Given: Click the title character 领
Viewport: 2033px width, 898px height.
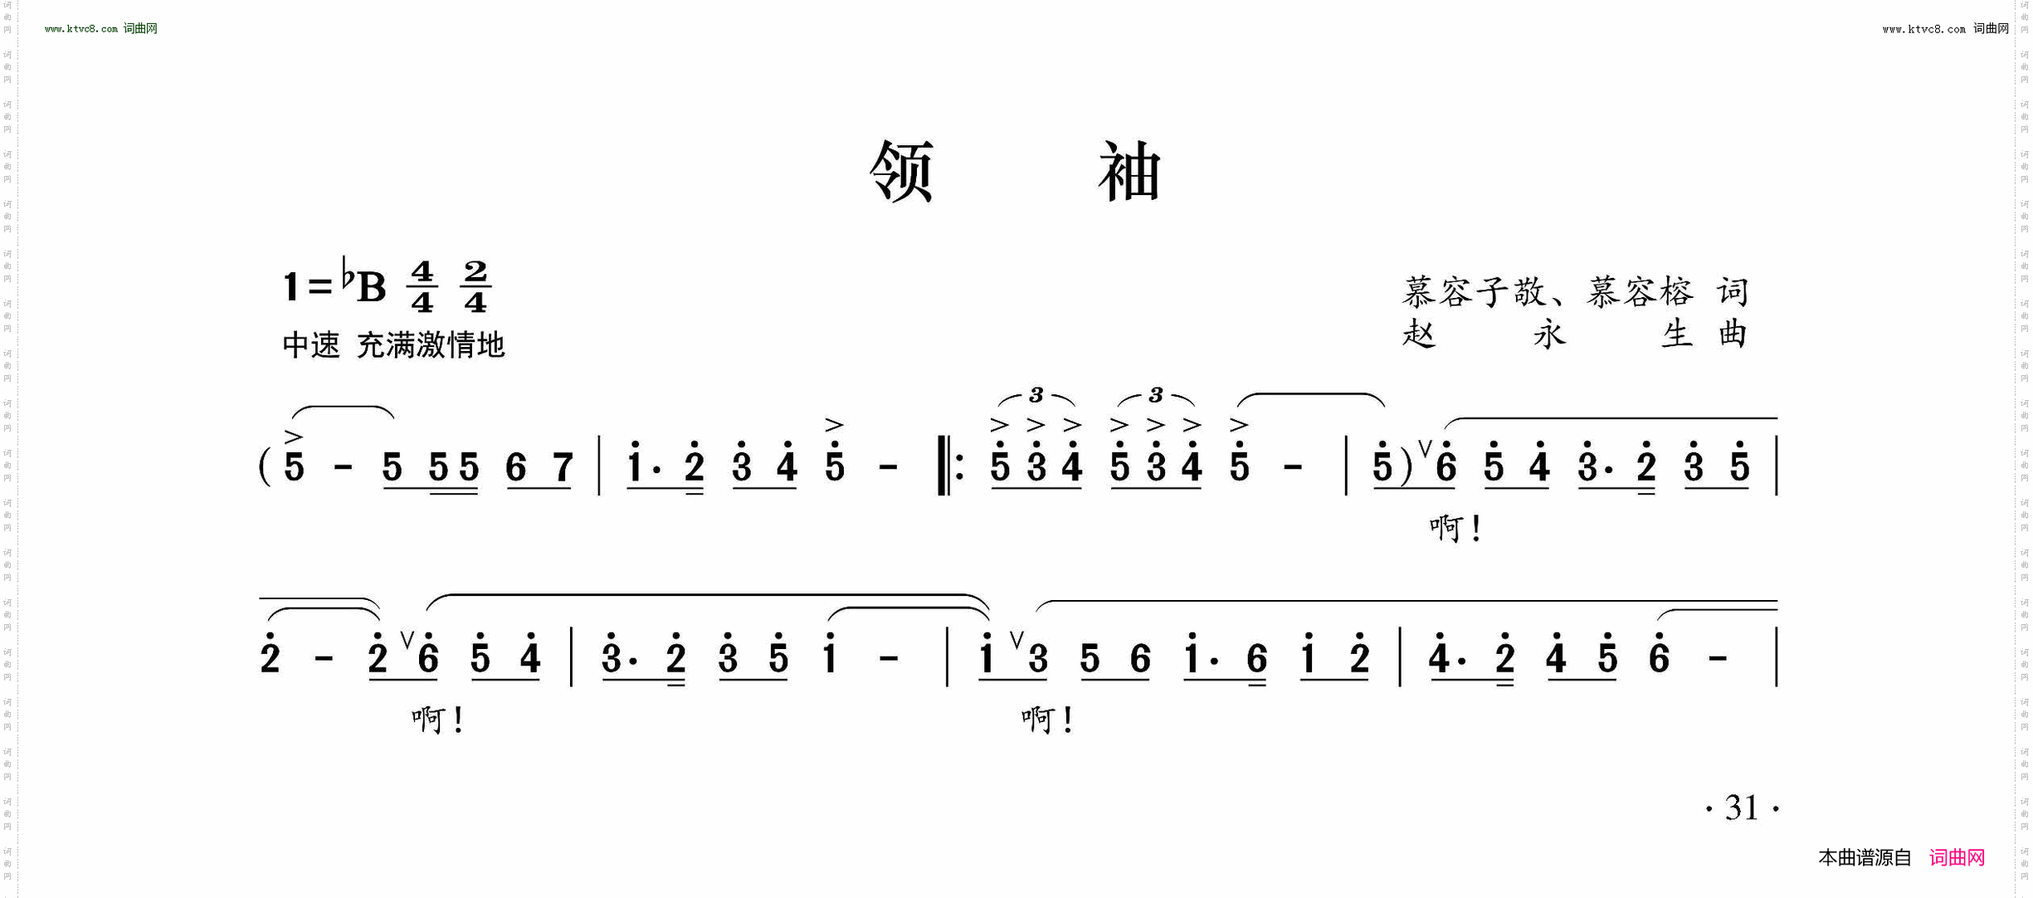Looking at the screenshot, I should click(x=902, y=171).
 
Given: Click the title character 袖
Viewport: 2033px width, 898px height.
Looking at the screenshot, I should click(x=1129, y=171).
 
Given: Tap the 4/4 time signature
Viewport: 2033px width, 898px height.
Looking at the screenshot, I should click(x=422, y=286).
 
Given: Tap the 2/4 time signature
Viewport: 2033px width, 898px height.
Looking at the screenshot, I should click(x=475, y=286).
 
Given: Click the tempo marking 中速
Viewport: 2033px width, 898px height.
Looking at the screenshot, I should click(x=311, y=344).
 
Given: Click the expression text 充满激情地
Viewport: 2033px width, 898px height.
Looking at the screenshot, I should click(x=431, y=344).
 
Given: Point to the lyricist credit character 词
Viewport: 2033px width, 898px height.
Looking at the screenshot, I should click(x=1733, y=291).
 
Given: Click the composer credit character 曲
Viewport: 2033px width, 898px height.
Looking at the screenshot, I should click(x=1733, y=334).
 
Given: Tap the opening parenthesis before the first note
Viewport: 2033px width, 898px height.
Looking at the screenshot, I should click(x=265, y=466).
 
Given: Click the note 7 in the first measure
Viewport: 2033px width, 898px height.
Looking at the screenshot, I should click(x=563, y=467).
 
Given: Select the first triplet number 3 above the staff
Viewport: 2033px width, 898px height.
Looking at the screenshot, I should click(x=1036, y=395).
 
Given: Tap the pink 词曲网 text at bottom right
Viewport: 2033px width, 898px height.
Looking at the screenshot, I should click(x=1957, y=858).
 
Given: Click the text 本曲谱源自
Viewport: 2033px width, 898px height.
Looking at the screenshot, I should click(x=1865, y=858).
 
